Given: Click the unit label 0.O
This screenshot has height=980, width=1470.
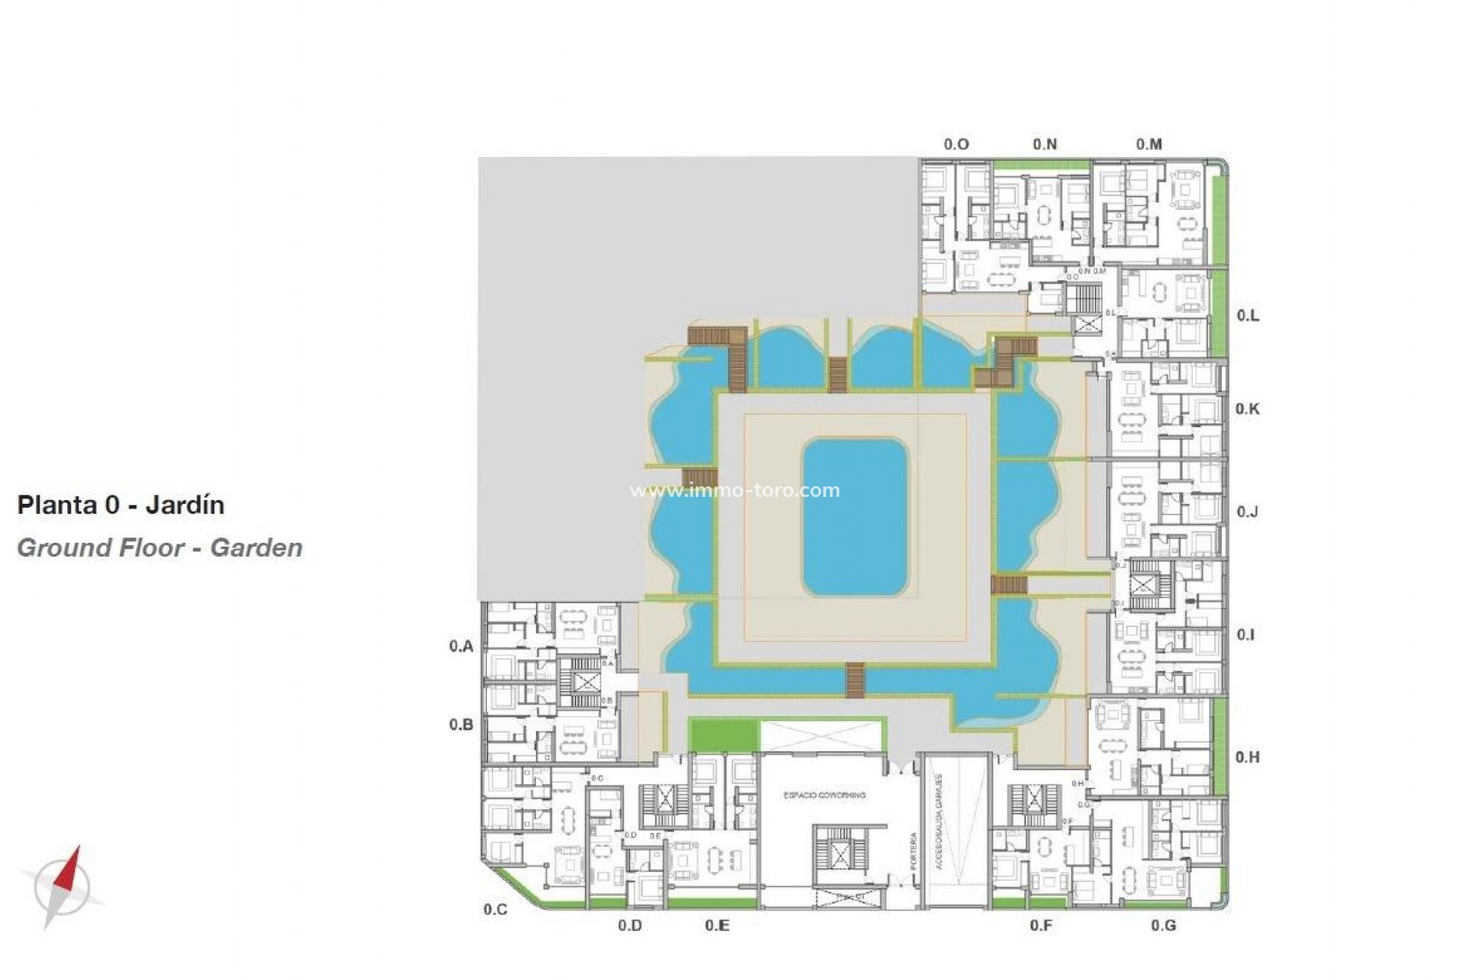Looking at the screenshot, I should point(956,144).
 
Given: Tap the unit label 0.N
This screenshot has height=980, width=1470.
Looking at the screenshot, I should point(1044,144).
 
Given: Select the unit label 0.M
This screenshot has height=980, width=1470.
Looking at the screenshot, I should point(1148,144).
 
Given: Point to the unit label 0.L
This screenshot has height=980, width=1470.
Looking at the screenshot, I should point(1248,315).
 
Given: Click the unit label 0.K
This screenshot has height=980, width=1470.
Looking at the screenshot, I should point(1247,409).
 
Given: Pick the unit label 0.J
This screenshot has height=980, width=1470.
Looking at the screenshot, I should point(1247,511).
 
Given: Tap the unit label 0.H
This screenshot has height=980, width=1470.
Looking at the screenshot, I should point(1247,756).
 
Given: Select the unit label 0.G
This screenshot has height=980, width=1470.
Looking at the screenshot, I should point(1163,925).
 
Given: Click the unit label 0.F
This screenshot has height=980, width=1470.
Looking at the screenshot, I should point(1040,925).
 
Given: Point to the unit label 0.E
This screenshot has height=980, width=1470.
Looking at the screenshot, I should point(717,925).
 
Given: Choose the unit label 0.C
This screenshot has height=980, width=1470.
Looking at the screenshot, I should point(495,909).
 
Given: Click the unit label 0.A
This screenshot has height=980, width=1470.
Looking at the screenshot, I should point(461,646).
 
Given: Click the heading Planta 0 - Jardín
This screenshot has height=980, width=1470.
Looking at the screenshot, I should point(121,505).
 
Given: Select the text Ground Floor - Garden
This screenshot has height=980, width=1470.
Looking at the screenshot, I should point(159,548).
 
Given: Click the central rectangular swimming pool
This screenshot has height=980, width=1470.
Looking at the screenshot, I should point(854,517).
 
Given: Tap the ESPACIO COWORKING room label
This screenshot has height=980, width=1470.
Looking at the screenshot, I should point(824,795).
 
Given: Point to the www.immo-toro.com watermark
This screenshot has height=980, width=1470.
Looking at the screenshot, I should point(734,490).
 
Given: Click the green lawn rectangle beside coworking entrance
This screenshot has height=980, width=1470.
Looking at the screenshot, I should point(722,735).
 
